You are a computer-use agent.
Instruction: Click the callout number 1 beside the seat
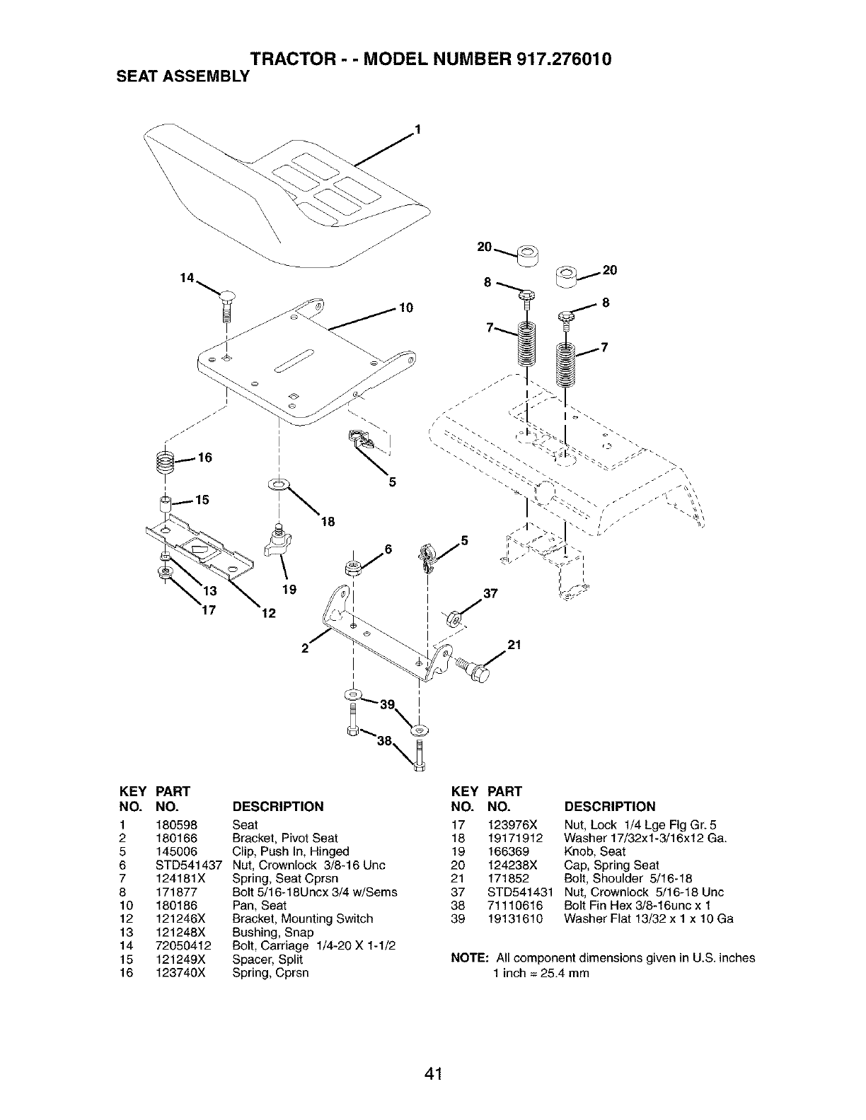click(417, 129)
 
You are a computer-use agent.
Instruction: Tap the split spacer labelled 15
click(164, 505)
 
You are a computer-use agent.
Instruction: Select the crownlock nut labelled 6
click(352, 568)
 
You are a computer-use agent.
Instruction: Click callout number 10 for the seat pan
click(405, 308)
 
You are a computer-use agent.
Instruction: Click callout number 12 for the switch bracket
click(268, 613)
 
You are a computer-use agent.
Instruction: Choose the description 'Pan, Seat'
click(259, 905)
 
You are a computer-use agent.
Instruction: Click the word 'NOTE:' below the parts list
click(470, 958)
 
